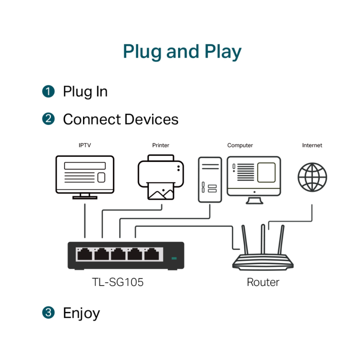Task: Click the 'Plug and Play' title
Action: click(x=182, y=52)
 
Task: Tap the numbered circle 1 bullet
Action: click(x=48, y=91)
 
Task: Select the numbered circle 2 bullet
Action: click(x=48, y=119)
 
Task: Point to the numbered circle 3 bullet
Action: click(x=48, y=313)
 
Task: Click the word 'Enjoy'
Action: click(x=81, y=313)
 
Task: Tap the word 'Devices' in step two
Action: click(x=151, y=119)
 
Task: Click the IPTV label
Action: click(x=85, y=145)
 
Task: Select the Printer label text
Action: click(x=161, y=145)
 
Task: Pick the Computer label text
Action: click(x=240, y=145)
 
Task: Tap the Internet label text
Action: click(x=312, y=145)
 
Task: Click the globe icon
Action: click(x=312, y=177)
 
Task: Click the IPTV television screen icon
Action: click(x=85, y=175)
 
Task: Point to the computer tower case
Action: click(x=210, y=179)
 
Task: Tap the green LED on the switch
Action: click(x=174, y=258)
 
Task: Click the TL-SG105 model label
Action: click(x=118, y=282)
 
